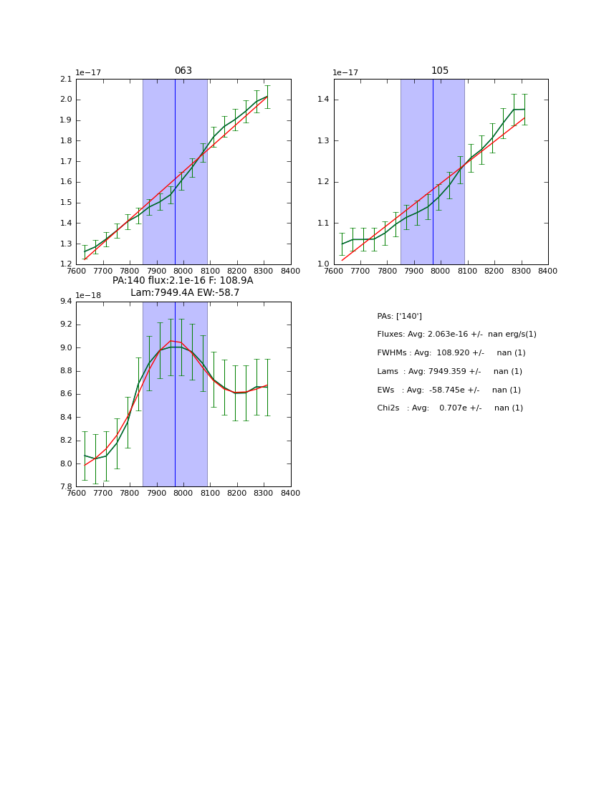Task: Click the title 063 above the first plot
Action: pos(183,71)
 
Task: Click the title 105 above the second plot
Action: pos(440,71)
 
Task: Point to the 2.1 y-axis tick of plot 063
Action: pos(66,79)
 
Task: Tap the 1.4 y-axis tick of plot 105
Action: pos(324,100)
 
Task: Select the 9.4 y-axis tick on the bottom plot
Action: pos(66,302)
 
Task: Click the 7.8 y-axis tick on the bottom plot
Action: pos(66,487)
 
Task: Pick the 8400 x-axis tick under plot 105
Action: pos(547,271)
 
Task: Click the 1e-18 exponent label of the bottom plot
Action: pos(88,295)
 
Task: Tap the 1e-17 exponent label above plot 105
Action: pos(345,73)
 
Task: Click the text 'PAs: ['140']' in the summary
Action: pos(399,316)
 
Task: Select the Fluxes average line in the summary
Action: pos(456,335)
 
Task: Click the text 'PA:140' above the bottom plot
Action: pos(128,281)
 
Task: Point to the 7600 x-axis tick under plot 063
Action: pos(76,271)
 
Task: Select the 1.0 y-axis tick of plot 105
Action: pos(324,264)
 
